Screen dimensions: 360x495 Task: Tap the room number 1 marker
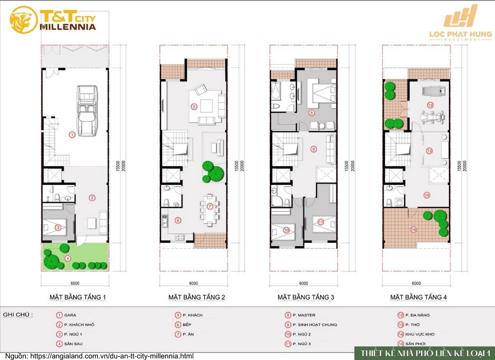pyautogui.click(x=72, y=135)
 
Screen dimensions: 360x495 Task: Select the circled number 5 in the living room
pyautogui.click(x=194, y=106)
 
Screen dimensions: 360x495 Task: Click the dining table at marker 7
pyautogui.click(x=209, y=211)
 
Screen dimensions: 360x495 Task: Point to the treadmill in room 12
pyautogui.click(x=432, y=91)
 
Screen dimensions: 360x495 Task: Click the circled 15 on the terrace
pyautogui.click(x=414, y=230)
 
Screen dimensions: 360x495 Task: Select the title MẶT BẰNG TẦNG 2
pyautogui.click(x=196, y=297)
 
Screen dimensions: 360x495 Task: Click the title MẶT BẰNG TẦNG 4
pyautogui.click(x=418, y=297)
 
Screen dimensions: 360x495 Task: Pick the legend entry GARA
pyautogui.click(x=70, y=315)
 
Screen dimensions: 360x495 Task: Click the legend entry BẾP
pyautogui.click(x=187, y=325)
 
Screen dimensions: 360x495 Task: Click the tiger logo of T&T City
pyautogui.click(x=23, y=21)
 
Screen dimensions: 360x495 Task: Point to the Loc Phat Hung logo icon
pyautogui.click(x=461, y=16)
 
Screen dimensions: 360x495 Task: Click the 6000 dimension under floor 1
pyautogui.click(x=75, y=283)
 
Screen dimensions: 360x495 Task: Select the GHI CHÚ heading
pyautogui.click(x=18, y=315)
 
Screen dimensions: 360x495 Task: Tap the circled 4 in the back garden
pyautogui.click(x=68, y=258)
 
